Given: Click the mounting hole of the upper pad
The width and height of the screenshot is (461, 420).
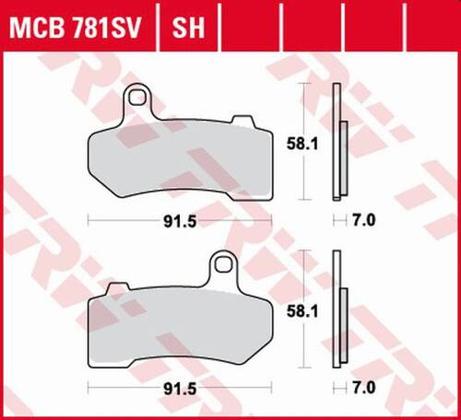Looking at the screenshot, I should click(x=139, y=96).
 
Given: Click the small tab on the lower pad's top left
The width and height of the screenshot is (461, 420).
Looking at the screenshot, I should click(x=117, y=291).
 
